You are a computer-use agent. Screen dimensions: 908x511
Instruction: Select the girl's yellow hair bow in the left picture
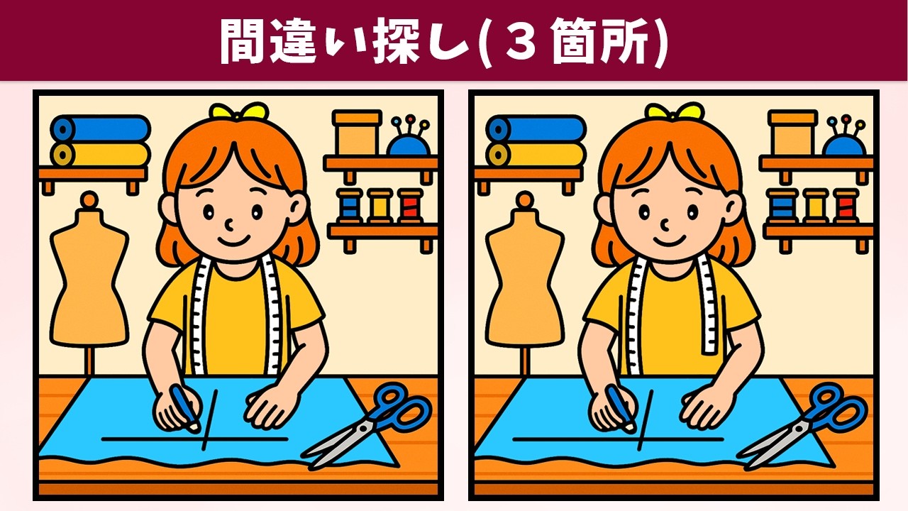(239, 111)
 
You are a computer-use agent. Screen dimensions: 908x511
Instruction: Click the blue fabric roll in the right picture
(536, 128)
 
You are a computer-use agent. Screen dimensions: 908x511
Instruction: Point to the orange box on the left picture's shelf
(357, 132)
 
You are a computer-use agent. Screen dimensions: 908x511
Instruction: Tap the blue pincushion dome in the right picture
(844, 145)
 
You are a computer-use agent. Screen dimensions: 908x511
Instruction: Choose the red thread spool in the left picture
(410, 205)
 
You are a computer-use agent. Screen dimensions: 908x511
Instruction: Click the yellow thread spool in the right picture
(816, 206)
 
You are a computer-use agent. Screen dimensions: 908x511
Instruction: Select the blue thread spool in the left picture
(350, 205)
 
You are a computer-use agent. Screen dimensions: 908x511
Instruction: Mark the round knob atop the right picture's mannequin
(526, 200)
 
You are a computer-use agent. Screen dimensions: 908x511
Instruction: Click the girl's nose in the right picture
(665, 224)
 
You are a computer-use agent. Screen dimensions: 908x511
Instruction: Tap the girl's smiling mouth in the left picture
(233, 241)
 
